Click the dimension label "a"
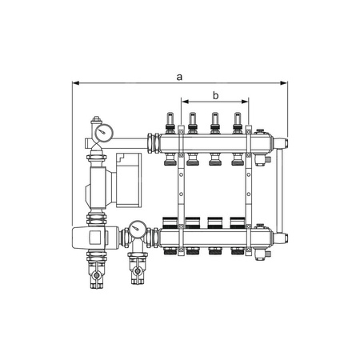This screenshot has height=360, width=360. [x=179, y=77]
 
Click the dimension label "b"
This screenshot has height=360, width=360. [x=215, y=95]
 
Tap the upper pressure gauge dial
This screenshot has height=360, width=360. [x=104, y=132]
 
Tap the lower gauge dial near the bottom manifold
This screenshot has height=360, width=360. [x=138, y=229]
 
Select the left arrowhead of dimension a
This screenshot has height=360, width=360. [x=76, y=83]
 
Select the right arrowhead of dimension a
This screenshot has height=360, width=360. [x=284, y=83]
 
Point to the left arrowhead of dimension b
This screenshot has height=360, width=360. [x=185, y=102]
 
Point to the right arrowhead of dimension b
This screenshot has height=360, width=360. [x=245, y=102]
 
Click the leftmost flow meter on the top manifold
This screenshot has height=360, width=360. [x=170, y=122]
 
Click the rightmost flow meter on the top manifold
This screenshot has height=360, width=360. [x=237, y=122]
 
